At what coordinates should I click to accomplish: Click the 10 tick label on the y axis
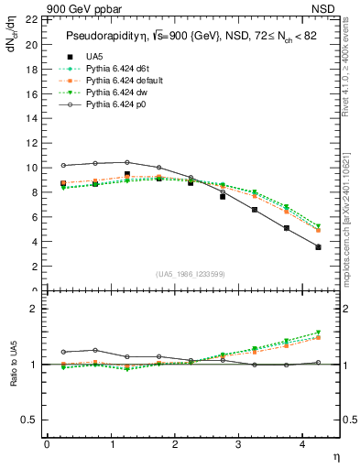[32, 168]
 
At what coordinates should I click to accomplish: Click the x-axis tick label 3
[238, 444]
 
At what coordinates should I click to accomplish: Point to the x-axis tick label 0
[47, 444]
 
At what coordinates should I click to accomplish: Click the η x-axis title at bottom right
[335, 455]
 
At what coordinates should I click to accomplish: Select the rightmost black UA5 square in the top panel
[318, 247]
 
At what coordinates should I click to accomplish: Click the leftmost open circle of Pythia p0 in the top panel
[63, 166]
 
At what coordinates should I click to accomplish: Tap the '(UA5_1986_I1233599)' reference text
[191, 274]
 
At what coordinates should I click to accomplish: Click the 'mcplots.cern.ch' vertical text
[349, 229]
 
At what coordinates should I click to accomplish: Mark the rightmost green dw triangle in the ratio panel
[318, 333]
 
